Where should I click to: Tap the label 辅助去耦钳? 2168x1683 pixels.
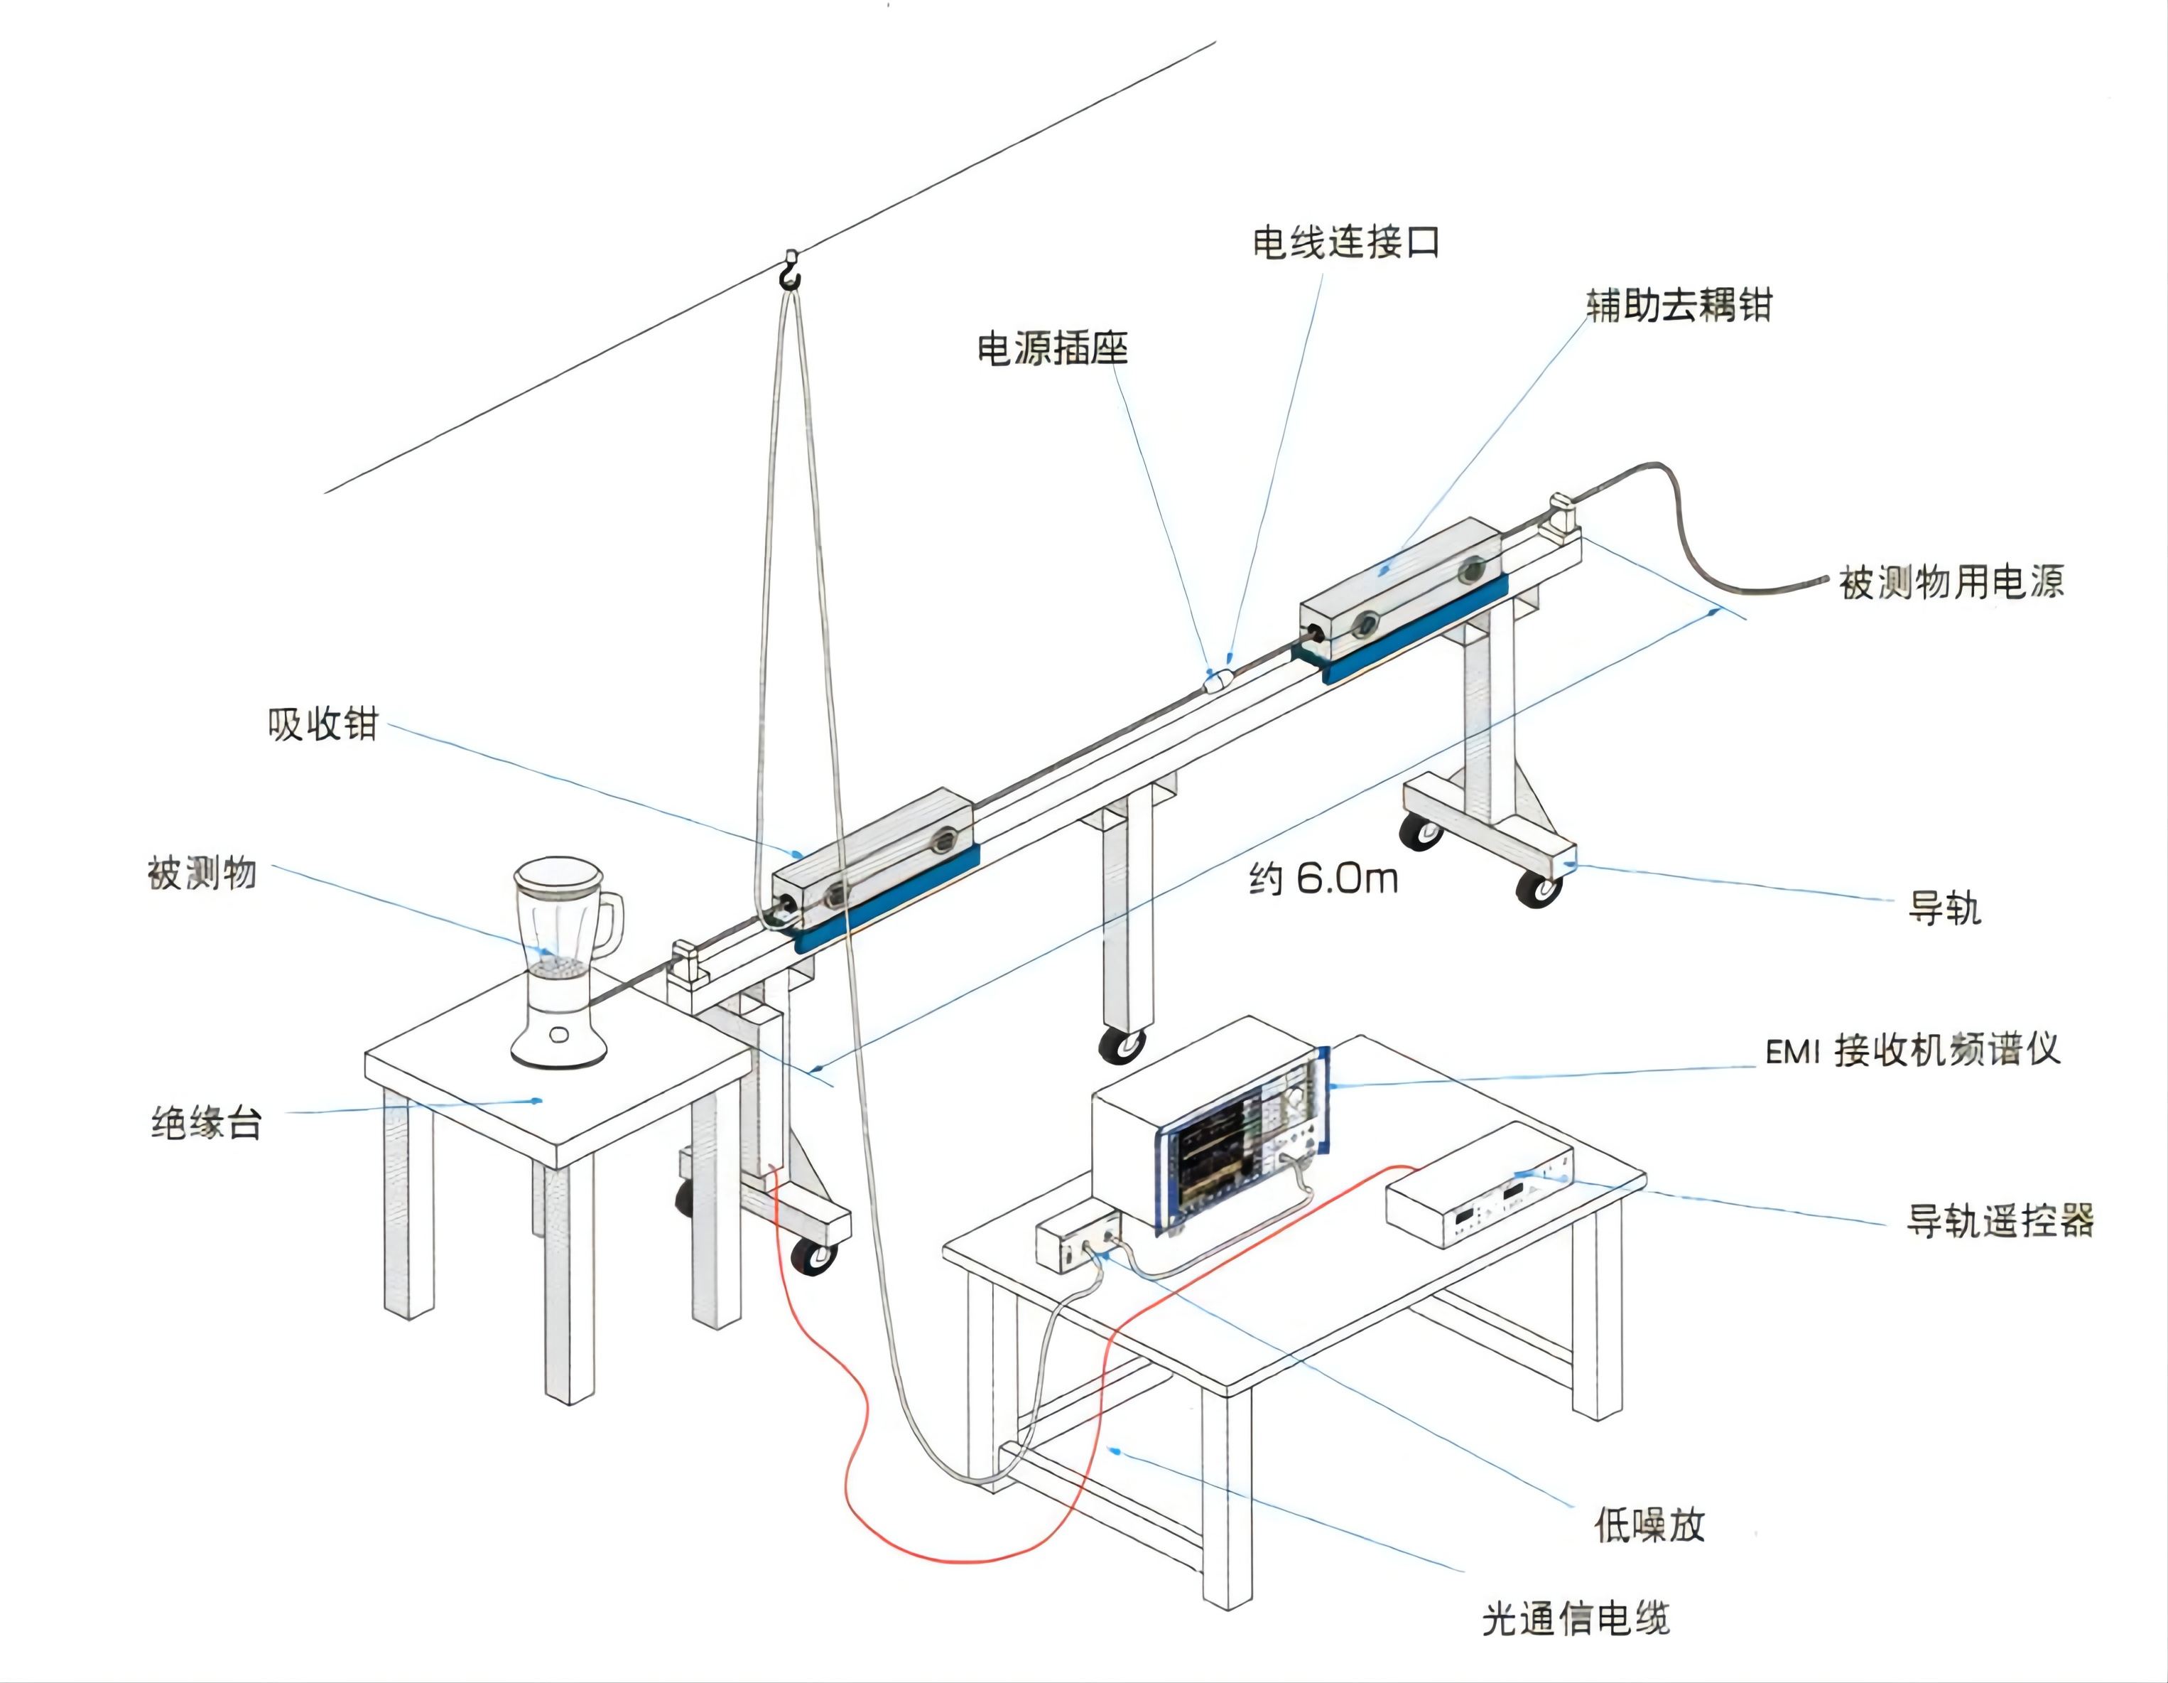[x=1679, y=305]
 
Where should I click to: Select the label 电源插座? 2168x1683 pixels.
[x=1052, y=348]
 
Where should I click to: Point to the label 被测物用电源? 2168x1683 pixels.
[x=1951, y=582]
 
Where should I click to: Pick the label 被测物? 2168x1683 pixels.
[x=202, y=873]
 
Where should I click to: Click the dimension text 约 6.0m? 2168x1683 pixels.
[x=1323, y=878]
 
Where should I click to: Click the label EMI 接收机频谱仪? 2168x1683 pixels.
[x=1912, y=1050]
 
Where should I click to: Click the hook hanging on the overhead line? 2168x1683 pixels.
[x=789, y=271]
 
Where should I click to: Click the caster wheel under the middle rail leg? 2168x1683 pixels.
[x=1122, y=1045]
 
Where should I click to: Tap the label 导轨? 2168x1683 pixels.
[x=1944, y=908]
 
